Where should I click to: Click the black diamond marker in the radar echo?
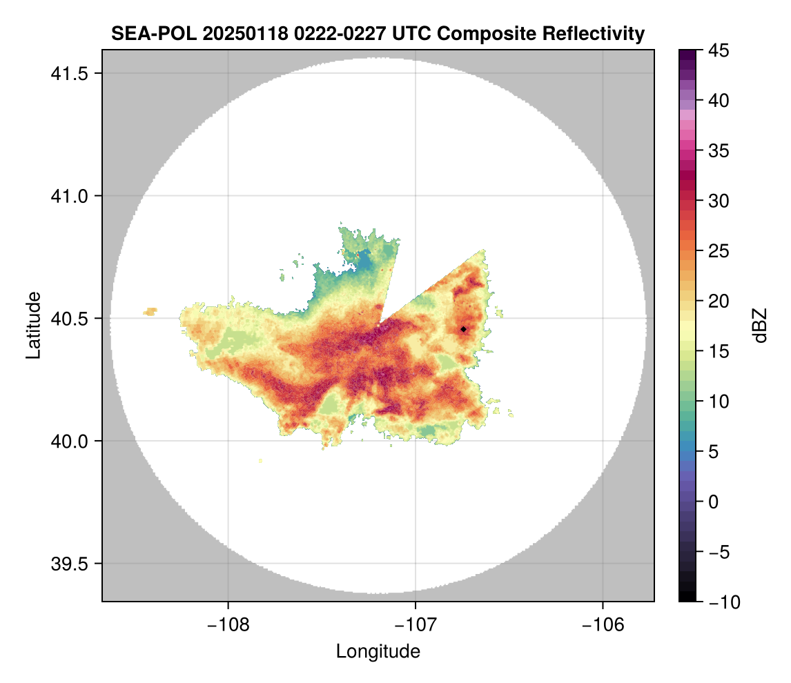click(x=463, y=329)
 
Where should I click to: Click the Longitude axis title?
click(x=378, y=651)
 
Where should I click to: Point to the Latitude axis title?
click(x=33, y=325)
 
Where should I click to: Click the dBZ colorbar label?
click(x=760, y=325)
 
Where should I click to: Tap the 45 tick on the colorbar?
click(x=717, y=50)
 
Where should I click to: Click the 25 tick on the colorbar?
click(x=717, y=251)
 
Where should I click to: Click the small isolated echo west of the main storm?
click(x=150, y=312)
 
